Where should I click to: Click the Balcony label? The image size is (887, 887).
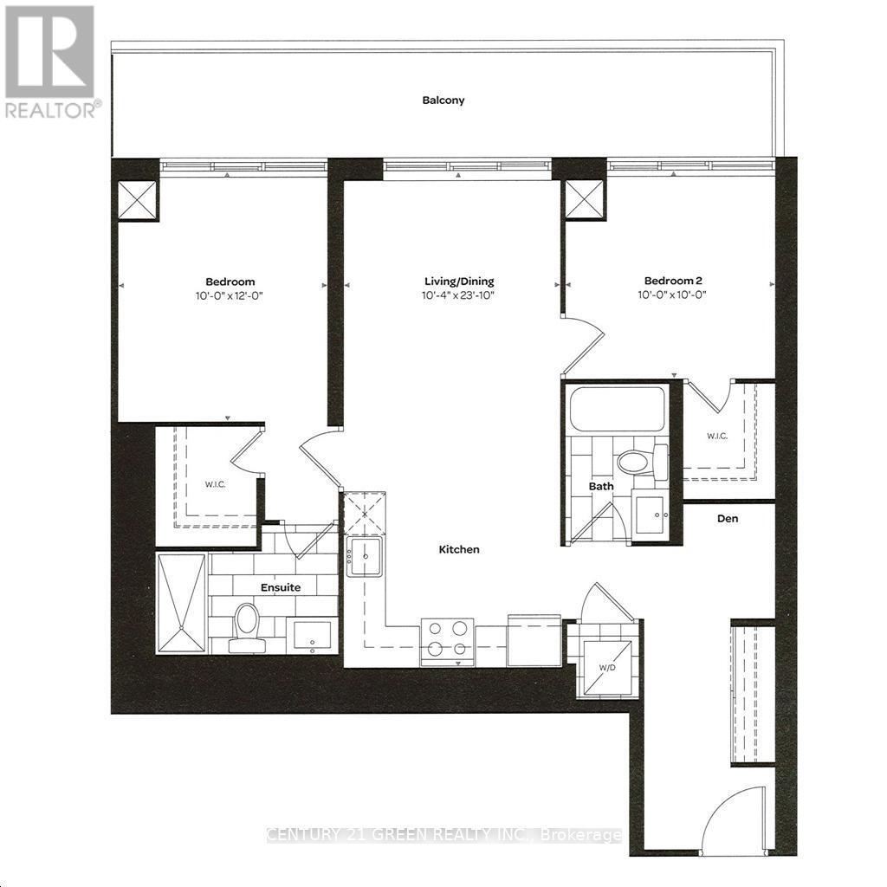click(443, 100)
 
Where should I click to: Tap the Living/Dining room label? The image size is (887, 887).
click(459, 282)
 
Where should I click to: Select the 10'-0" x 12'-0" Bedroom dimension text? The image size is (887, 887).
click(230, 295)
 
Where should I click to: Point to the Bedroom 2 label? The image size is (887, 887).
click(669, 281)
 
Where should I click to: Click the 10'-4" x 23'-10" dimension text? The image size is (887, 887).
click(459, 295)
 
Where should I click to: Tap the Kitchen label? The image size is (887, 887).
click(459, 549)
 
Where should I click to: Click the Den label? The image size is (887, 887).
click(727, 520)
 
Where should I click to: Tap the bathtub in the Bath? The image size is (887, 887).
click(617, 408)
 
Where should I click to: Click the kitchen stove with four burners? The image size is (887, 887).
click(447, 641)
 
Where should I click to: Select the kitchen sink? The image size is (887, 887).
click(365, 555)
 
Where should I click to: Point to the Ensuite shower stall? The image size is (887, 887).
click(182, 604)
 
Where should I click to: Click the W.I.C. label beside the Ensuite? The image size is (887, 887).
click(215, 484)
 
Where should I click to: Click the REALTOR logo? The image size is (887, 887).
click(49, 61)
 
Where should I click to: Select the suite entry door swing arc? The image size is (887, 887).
click(732, 816)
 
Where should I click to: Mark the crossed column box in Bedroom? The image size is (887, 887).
click(138, 200)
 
